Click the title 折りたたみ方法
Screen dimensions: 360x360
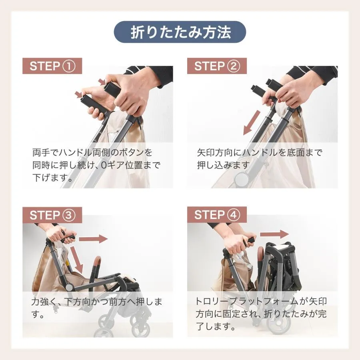point(181,32)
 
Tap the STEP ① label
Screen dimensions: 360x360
point(52,66)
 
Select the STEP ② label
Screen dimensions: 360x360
point(217,66)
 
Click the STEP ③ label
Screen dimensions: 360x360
point(52,215)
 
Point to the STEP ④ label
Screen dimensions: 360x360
point(217,215)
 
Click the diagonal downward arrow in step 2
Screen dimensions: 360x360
point(252,123)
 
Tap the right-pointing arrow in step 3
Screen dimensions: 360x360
point(93,239)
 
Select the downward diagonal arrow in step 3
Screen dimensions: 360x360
point(77,258)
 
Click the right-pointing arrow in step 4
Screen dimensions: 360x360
point(274,234)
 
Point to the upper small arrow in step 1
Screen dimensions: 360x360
point(102,82)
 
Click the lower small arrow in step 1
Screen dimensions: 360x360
point(79,94)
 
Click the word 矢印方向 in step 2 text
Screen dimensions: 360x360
point(215,152)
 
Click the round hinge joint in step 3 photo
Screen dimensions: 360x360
point(69,286)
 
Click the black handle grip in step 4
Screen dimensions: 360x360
point(250,241)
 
